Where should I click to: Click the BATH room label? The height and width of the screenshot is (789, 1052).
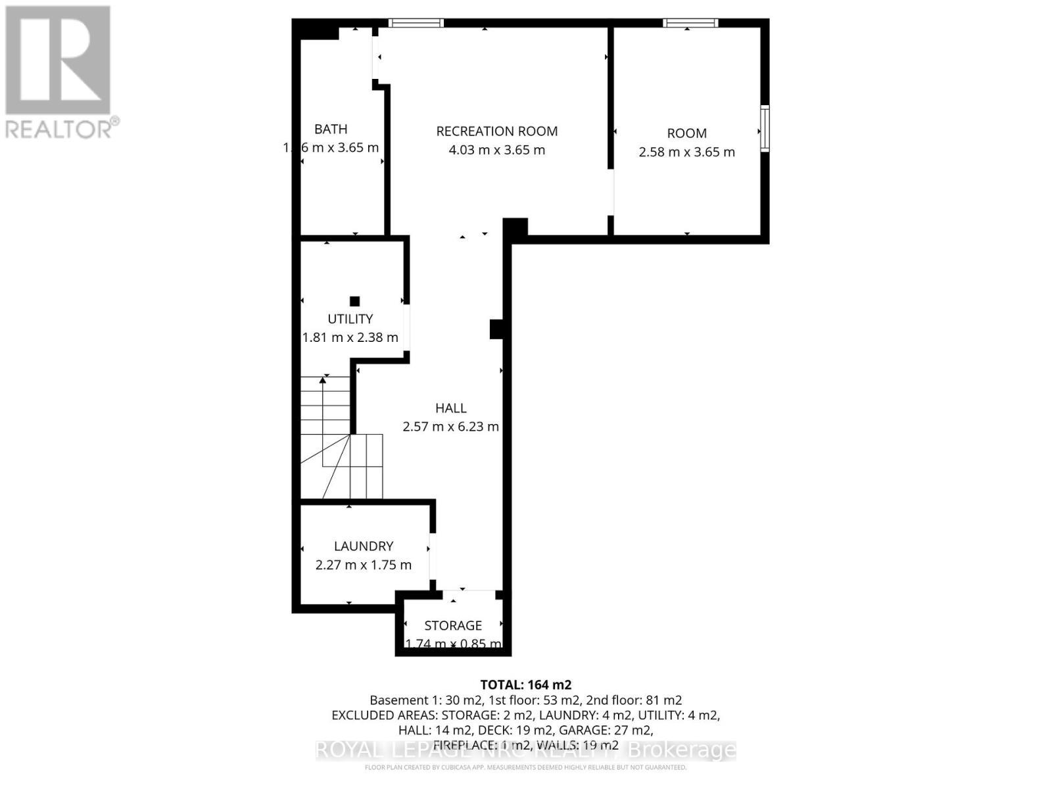click(331, 130)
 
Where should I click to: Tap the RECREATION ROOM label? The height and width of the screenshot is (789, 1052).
click(497, 131)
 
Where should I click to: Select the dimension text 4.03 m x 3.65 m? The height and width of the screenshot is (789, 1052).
click(497, 150)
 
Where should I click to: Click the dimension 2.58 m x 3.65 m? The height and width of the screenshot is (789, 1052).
click(687, 152)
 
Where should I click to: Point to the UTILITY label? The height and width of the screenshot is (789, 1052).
click(350, 319)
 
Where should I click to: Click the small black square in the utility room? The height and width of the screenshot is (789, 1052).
click(355, 301)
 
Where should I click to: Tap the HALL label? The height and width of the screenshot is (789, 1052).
click(451, 408)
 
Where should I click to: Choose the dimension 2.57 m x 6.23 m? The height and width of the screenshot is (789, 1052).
click(451, 427)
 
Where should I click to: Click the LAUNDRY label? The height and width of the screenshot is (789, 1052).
click(364, 546)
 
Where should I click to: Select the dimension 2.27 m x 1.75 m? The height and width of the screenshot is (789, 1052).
click(364, 565)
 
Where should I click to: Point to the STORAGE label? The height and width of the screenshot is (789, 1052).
click(453, 625)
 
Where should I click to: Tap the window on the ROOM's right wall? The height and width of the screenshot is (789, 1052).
click(765, 129)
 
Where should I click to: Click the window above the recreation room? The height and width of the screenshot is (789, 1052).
click(416, 23)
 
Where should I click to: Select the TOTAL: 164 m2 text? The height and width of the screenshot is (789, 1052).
click(521, 684)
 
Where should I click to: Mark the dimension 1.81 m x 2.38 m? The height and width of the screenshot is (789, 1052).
click(350, 337)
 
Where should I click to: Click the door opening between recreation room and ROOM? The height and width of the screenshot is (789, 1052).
click(611, 192)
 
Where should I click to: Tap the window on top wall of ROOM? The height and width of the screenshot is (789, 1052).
click(690, 23)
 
